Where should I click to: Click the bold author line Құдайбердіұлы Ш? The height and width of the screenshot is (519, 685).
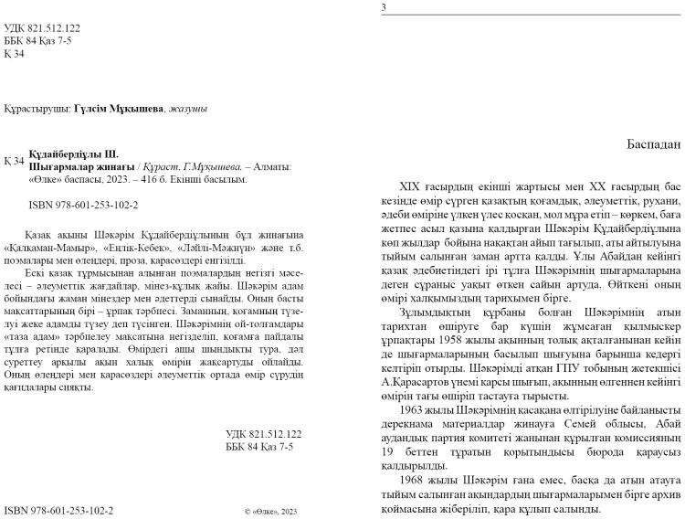(x=74, y=155)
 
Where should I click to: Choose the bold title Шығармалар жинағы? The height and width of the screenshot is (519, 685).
(x=80, y=167)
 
